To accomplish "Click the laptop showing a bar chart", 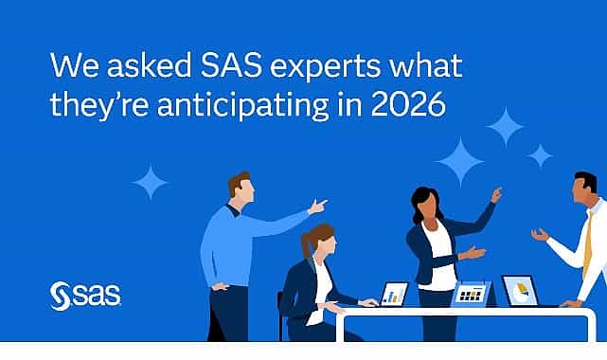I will tap(392, 295).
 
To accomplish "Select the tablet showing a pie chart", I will tap(519, 290).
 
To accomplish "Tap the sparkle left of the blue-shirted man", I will tap(150, 181).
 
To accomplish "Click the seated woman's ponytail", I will tap(305, 249).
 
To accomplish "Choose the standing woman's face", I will tap(422, 204).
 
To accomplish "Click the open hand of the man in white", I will tap(541, 234).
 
